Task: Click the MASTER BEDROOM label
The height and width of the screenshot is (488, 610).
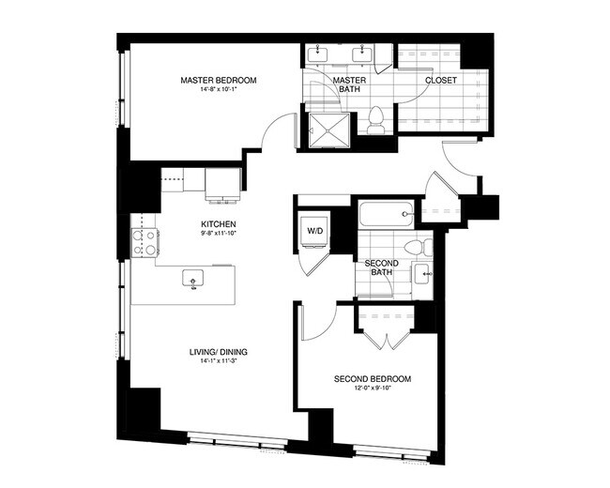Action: point(218,81)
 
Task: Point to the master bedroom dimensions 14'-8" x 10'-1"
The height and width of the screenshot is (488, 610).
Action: point(218,91)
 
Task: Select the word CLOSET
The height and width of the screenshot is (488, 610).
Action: point(440,81)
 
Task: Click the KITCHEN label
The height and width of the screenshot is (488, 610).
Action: point(217,224)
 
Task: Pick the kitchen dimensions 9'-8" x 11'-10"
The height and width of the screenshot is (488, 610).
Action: point(217,235)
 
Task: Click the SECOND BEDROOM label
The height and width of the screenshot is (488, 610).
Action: point(373,379)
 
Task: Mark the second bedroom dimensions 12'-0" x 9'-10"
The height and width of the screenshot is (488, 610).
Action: point(373,389)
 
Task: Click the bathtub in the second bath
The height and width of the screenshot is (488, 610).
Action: point(386,215)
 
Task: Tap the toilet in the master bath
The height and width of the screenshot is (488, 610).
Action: point(376,120)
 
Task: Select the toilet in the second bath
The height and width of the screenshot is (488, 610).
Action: point(424,248)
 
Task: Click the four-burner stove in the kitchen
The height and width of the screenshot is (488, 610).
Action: point(144,243)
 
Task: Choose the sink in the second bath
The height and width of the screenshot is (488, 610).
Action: point(424,275)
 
